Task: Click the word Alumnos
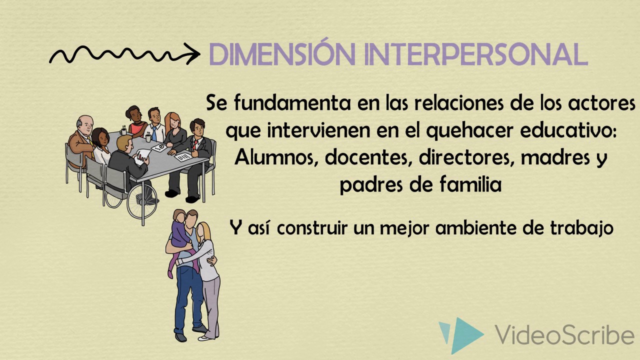point(276,157)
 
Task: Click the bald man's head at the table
point(85,123)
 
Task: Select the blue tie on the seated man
point(154,132)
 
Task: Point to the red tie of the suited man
point(195,144)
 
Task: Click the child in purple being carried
point(178,235)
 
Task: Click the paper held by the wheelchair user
point(143,153)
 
